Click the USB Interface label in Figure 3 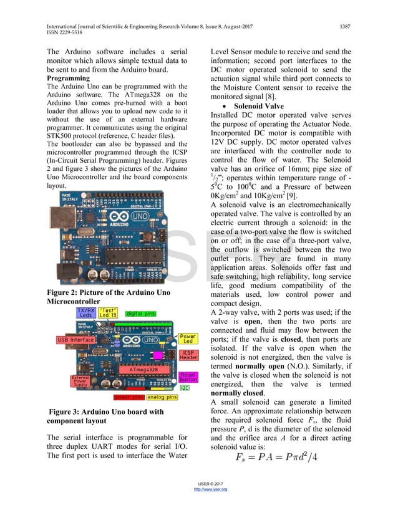75,340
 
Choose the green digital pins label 140,313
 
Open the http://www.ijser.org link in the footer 211,489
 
